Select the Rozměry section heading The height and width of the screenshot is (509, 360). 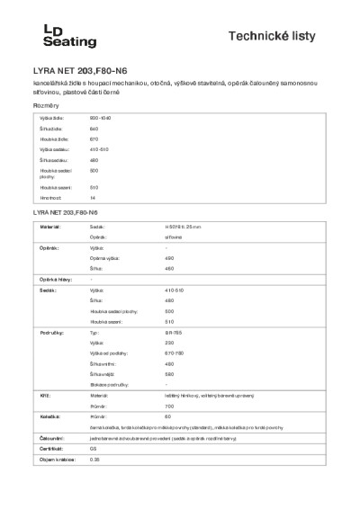point(46,105)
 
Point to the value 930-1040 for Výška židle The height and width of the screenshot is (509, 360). point(100,119)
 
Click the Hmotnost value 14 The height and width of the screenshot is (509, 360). point(93,197)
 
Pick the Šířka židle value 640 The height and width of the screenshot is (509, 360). point(94,129)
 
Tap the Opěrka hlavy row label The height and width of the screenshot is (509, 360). point(56,280)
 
